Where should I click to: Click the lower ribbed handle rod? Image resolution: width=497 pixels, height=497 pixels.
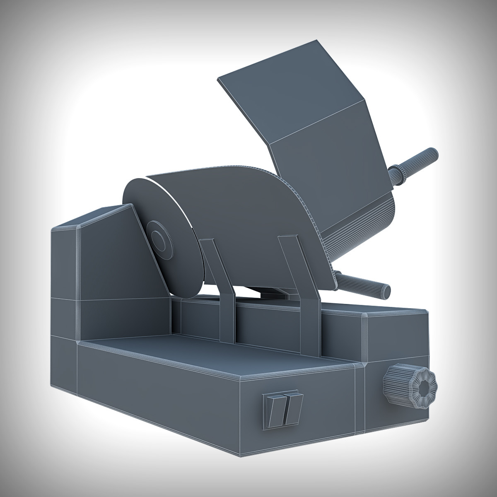point(369,285)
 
